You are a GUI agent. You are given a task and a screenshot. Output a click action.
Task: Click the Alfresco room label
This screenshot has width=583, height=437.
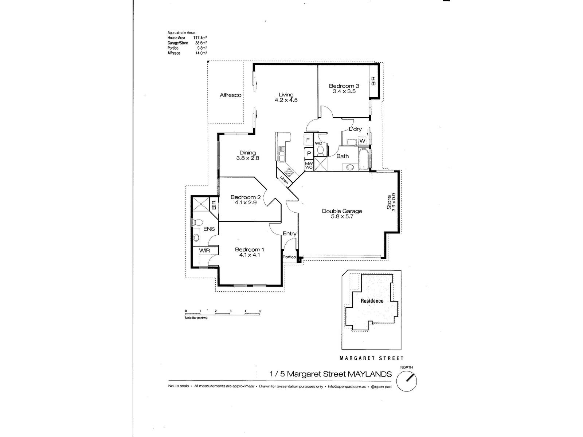click(x=231, y=95)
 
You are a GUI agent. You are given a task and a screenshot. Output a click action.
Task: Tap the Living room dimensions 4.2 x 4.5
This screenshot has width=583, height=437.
click(x=286, y=100)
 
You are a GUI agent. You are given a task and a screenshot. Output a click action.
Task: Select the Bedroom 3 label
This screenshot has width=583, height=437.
click(x=344, y=86)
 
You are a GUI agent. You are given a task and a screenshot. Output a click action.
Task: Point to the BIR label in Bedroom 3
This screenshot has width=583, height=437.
click(x=373, y=81)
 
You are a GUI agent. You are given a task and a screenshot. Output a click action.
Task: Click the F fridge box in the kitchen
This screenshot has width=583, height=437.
click(x=308, y=140)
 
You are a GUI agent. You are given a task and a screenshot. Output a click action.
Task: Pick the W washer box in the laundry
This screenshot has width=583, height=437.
click(x=362, y=141)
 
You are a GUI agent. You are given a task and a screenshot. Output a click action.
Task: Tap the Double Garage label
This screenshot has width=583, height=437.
click(x=342, y=211)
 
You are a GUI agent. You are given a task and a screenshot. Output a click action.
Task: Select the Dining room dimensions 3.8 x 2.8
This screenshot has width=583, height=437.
click(x=247, y=158)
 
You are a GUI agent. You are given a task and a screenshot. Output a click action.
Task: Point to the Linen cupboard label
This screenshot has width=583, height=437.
click(x=285, y=180)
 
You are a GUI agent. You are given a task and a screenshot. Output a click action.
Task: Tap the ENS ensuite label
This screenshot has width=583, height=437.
click(x=209, y=229)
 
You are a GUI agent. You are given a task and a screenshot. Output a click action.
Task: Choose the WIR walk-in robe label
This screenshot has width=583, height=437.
click(x=204, y=251)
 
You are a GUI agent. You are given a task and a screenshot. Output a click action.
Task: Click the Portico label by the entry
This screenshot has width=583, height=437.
click(x=290, y=257)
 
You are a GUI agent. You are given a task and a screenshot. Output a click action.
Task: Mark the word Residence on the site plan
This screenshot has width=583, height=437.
click(x=372, y=301)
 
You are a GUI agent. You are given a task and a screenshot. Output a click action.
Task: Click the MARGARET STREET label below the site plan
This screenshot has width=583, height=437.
click(x=371, y=358)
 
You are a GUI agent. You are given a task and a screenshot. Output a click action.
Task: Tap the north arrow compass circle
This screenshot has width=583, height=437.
click(x=406, y=382)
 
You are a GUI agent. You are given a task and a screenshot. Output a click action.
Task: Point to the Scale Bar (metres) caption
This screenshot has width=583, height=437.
click(x=196, y=318)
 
